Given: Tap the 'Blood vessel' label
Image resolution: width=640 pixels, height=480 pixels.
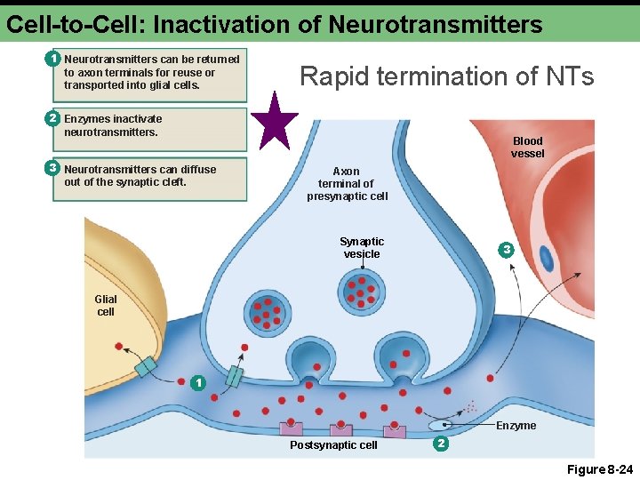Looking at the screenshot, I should point(527,147).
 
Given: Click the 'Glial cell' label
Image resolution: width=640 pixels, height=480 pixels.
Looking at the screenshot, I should point(106,306).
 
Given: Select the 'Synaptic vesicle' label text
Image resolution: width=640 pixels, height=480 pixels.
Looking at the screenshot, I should point(362,247).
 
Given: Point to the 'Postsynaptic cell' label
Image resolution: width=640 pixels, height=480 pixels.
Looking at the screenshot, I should point(333,444).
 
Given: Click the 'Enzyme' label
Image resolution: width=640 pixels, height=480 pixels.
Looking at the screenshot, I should point(516,426).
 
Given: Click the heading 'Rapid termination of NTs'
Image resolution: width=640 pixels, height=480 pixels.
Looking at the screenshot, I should point(447,76).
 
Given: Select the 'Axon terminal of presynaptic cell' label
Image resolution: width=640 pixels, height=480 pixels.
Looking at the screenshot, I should point(347,183).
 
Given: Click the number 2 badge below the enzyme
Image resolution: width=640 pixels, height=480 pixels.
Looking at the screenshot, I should point(440,443).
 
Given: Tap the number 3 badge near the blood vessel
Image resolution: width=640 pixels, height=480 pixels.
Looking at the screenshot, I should point(506,251).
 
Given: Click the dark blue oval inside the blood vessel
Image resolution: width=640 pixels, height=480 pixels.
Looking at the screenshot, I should point(547,258).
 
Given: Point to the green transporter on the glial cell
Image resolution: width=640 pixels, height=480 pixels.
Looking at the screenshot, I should point(145,366).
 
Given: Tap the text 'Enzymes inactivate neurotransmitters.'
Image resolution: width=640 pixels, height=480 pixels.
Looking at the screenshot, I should point(113,125).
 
